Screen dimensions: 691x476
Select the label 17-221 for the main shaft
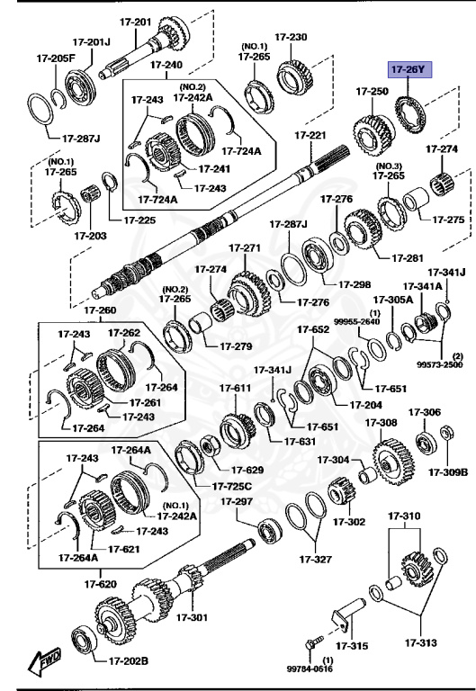[310, 135]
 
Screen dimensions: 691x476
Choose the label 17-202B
[129, 661]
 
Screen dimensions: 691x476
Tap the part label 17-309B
[447, 471]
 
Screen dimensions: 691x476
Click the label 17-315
[352, 645]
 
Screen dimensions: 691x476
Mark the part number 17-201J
[90, 41]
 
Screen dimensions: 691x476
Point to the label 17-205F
[56, 58]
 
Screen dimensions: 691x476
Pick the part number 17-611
[235, 388]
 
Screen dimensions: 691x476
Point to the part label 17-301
[191, 618]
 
